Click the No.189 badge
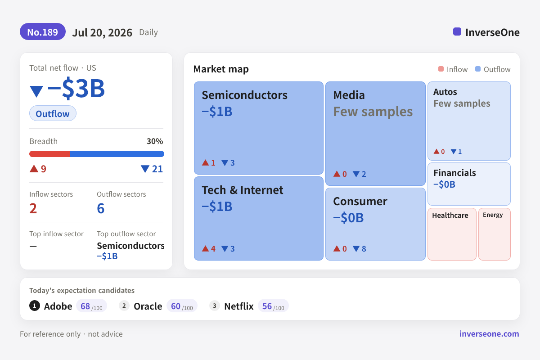click(x=43, y=32)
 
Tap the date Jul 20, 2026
click(x=102, y=32)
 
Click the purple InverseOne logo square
click(x=457, y=31)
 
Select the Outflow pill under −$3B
click(x=53, y=113)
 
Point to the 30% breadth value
click(x=155, y=141)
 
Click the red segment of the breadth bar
click(x=49, y=154)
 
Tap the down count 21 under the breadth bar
click(x=157, y=169)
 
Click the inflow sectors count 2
click(x=33, y=208)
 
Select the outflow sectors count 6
click(x=100, y=208)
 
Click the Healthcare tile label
click(x=450, y=215)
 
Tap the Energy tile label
click(x=493, y=215)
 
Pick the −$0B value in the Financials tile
click(x=444, y=184)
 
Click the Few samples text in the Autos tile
click(x=462, y=103)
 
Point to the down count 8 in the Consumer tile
click(x=364, y=248)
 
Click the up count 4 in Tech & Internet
click(x=213, y=248)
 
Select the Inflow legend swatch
click(x=441, y=69)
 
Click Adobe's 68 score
click(x=85, y=306)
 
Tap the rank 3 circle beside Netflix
click(x=214, y=306)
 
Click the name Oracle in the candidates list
click(x=148, y=306)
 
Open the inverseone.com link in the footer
click(x=489, y=334)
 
